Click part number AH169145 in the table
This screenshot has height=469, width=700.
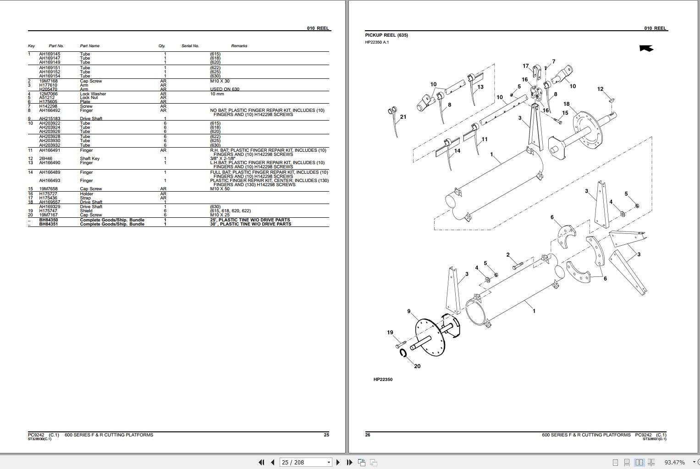pyautogui.click(x=50, y=54)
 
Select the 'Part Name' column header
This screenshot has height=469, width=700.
pyautogui.click(x=89, y=46)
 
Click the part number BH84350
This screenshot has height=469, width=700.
pyautogui.click(x=49, y=220)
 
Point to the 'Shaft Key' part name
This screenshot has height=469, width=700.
pyautogui.click(x=89, y=159)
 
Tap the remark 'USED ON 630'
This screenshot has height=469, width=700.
pyautogui.click(x=225, y=89)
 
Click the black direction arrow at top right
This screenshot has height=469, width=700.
pyautogui.click(x=646, y=48)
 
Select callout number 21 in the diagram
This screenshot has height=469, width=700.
pyautogui.click(x=403, y=117)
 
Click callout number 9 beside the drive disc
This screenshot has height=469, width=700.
pyautogui.click(x=409, y=311)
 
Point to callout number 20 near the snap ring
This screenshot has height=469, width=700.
pyautogui.click(x=417, y=366)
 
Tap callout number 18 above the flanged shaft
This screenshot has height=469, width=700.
pyautogui.click(x=566, y=104)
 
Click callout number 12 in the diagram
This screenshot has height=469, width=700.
pyautogui.click(x=600, y=89)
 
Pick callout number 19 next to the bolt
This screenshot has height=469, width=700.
pyautogui.click(x=390, y=332)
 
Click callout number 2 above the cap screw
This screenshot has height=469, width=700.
pyautogui.click(x=508, y=255)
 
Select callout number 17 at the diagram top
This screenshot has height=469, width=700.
pyautogui.click(x=526, y=66)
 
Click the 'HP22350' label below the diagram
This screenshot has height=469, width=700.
pyautogui.click(x=383, y=380)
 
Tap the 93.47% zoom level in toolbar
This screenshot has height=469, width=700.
pyautogui.click(x=674, y=462)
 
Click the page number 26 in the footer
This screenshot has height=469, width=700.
pyautogui.click(x=368, y=435)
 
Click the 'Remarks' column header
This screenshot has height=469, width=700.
pyautogui.click(x=239, y=46)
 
